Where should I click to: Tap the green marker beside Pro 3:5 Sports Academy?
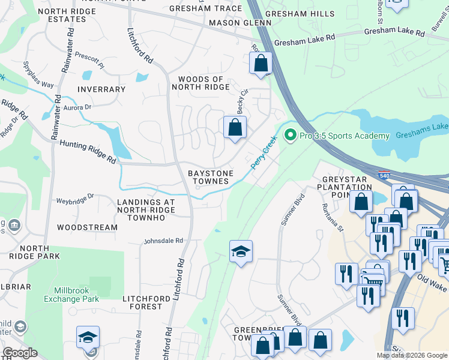click(291, 136)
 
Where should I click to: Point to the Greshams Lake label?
click(422, 127)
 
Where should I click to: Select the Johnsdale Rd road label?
click(163, 241)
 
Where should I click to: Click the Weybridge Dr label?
click(75, 199)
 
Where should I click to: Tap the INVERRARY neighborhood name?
click(101, 89)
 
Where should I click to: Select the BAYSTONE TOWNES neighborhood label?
click(209, 176)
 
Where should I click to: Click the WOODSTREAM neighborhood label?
click(87, 227)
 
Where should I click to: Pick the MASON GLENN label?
click(233, 23)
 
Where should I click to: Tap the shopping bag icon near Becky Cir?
click(235, 127)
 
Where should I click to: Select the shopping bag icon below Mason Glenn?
click(261, 62)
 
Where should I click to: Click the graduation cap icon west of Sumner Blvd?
click(241, 251)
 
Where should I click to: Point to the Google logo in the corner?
click(20, 352)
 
